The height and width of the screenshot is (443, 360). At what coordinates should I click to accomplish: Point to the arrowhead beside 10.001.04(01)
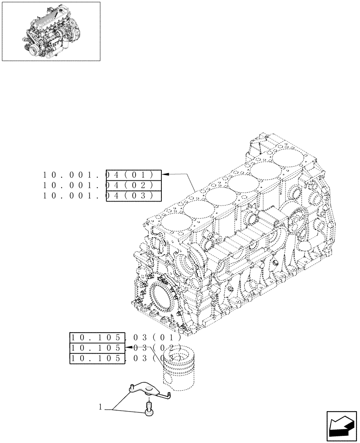[167, 175]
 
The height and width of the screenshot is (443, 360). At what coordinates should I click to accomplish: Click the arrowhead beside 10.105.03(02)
[128, 348]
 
